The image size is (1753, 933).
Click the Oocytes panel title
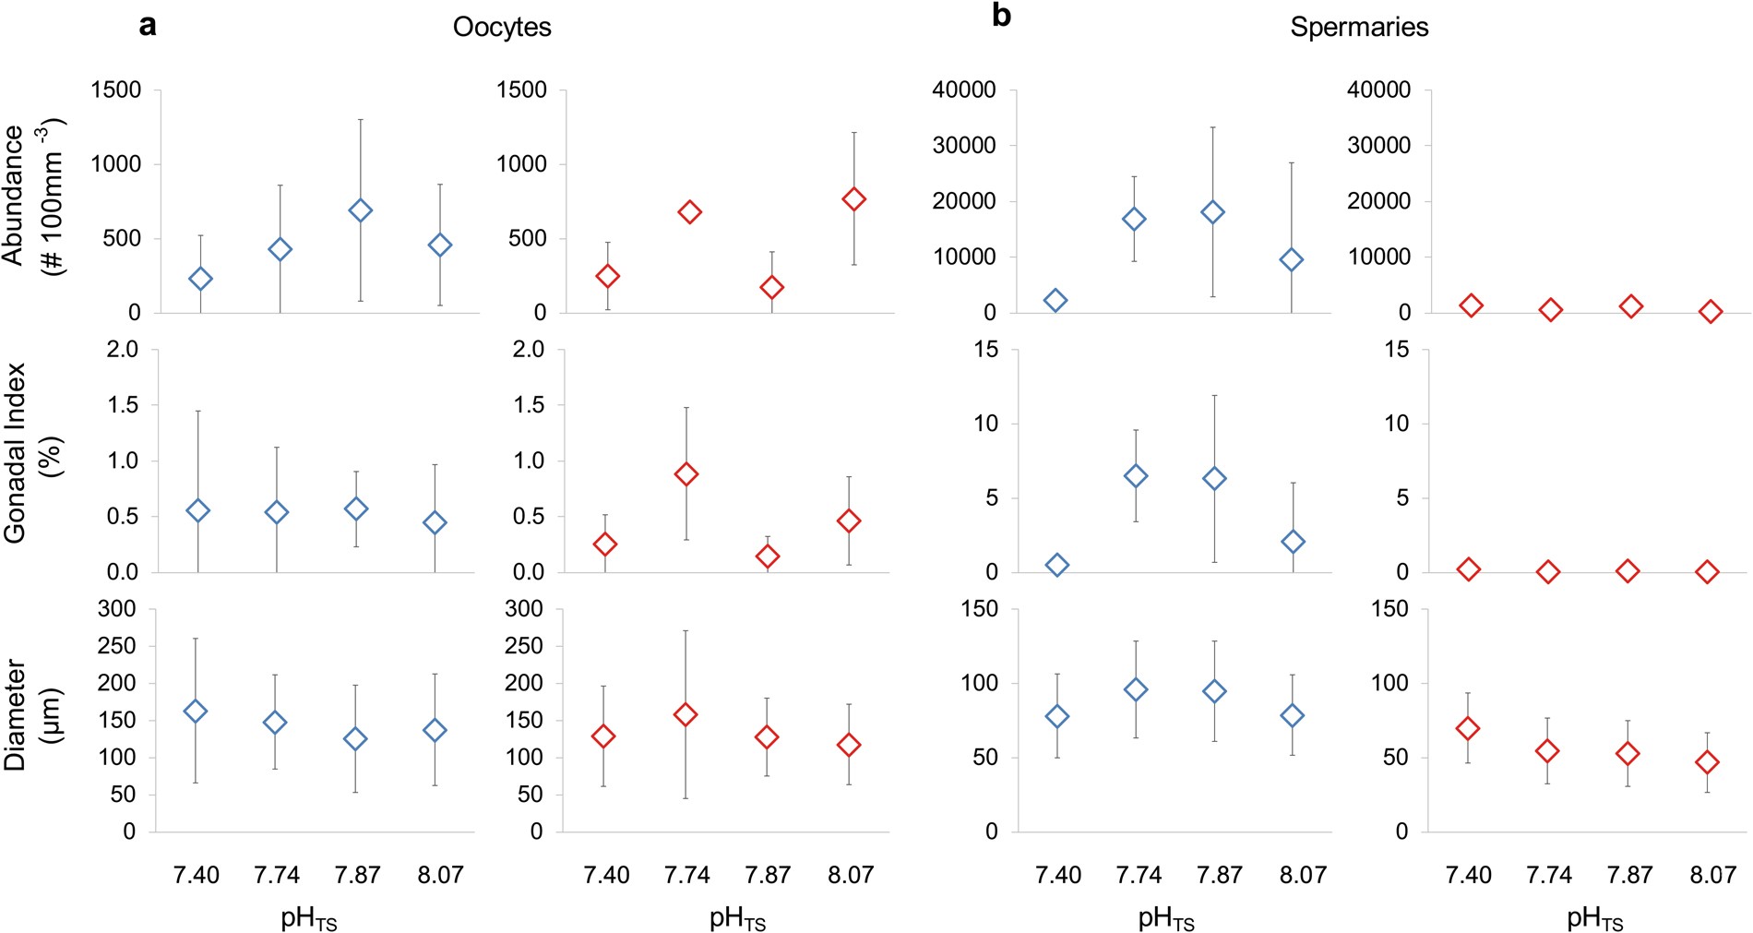501,27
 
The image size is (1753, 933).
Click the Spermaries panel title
1358,27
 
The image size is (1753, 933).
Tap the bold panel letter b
1001,16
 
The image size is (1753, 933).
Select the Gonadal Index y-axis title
34,452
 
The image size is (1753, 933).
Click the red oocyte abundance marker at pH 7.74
689,212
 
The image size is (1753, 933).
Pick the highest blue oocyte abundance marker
360,210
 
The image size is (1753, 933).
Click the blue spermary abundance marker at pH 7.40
1055,300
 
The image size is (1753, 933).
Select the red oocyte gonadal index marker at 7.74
686,474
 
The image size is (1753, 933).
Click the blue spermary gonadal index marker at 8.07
1293,542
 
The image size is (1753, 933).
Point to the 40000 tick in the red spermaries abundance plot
1378,90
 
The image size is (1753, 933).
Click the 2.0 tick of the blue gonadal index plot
122,349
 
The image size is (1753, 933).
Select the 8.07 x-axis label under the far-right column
1712,875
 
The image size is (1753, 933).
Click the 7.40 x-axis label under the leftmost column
196,875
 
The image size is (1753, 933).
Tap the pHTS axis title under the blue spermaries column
1166,919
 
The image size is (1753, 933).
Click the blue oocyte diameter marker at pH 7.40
195,711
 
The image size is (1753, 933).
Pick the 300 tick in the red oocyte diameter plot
524,608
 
